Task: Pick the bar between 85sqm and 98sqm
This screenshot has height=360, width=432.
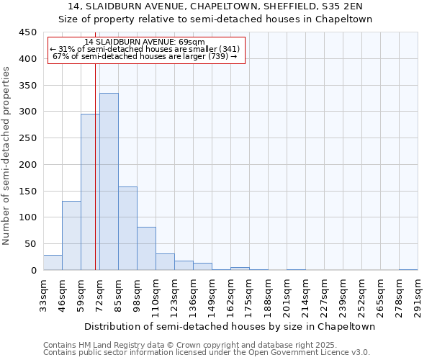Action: click(127, 228)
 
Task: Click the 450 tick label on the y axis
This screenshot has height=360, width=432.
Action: click(28, 32)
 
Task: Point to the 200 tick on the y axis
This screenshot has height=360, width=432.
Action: click(28, 165)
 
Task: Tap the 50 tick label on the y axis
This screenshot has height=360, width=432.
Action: click(31, 244)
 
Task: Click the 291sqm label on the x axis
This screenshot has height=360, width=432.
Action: click(418, 294)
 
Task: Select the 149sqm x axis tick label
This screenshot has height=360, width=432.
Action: click(212, 294)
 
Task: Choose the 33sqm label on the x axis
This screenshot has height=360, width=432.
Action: click(44, 294)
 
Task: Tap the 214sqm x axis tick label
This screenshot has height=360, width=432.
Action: click(306, 294)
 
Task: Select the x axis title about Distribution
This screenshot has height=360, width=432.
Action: click(230, 326)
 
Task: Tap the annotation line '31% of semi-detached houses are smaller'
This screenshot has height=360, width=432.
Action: click(147, 49)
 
